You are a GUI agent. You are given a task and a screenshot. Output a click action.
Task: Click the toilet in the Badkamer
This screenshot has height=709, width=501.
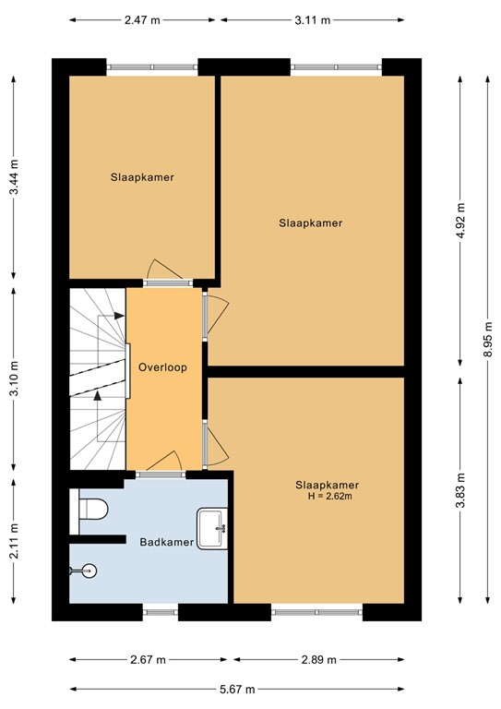coord(93,509)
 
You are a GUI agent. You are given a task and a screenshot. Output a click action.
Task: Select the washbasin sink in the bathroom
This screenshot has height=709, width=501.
coord(212,529)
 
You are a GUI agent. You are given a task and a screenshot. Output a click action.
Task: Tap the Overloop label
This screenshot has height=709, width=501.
coord(162,367)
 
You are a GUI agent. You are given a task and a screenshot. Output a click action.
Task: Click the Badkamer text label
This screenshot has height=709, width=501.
coord(167,542)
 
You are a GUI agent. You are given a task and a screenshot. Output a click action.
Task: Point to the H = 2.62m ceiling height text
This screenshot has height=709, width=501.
coord(329,497)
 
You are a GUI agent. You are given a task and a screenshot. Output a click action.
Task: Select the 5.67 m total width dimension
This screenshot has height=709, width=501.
coord(237,690)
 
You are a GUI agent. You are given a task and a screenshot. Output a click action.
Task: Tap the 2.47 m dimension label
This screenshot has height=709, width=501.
coord(142,20)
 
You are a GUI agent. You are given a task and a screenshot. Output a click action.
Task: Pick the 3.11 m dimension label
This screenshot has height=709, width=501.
coord(313,20)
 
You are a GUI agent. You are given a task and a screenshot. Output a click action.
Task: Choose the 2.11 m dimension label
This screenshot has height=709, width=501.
coord(14,541)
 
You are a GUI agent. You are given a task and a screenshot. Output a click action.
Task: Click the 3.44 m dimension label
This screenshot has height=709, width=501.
coord(14,177)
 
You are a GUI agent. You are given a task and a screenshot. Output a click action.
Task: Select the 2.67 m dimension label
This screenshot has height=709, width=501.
coord(149,660)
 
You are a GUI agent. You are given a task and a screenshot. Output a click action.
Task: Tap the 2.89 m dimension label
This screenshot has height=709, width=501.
coord(319,660)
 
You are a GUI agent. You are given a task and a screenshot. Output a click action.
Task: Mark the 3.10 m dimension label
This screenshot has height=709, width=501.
coord(14,378)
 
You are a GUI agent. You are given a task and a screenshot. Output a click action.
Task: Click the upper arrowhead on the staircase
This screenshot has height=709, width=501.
coord(119,316)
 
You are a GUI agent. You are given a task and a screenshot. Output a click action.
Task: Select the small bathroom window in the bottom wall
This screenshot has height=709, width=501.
coord(161,612)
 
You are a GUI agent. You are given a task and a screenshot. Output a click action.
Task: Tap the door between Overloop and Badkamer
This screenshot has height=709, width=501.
coord(161,475)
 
